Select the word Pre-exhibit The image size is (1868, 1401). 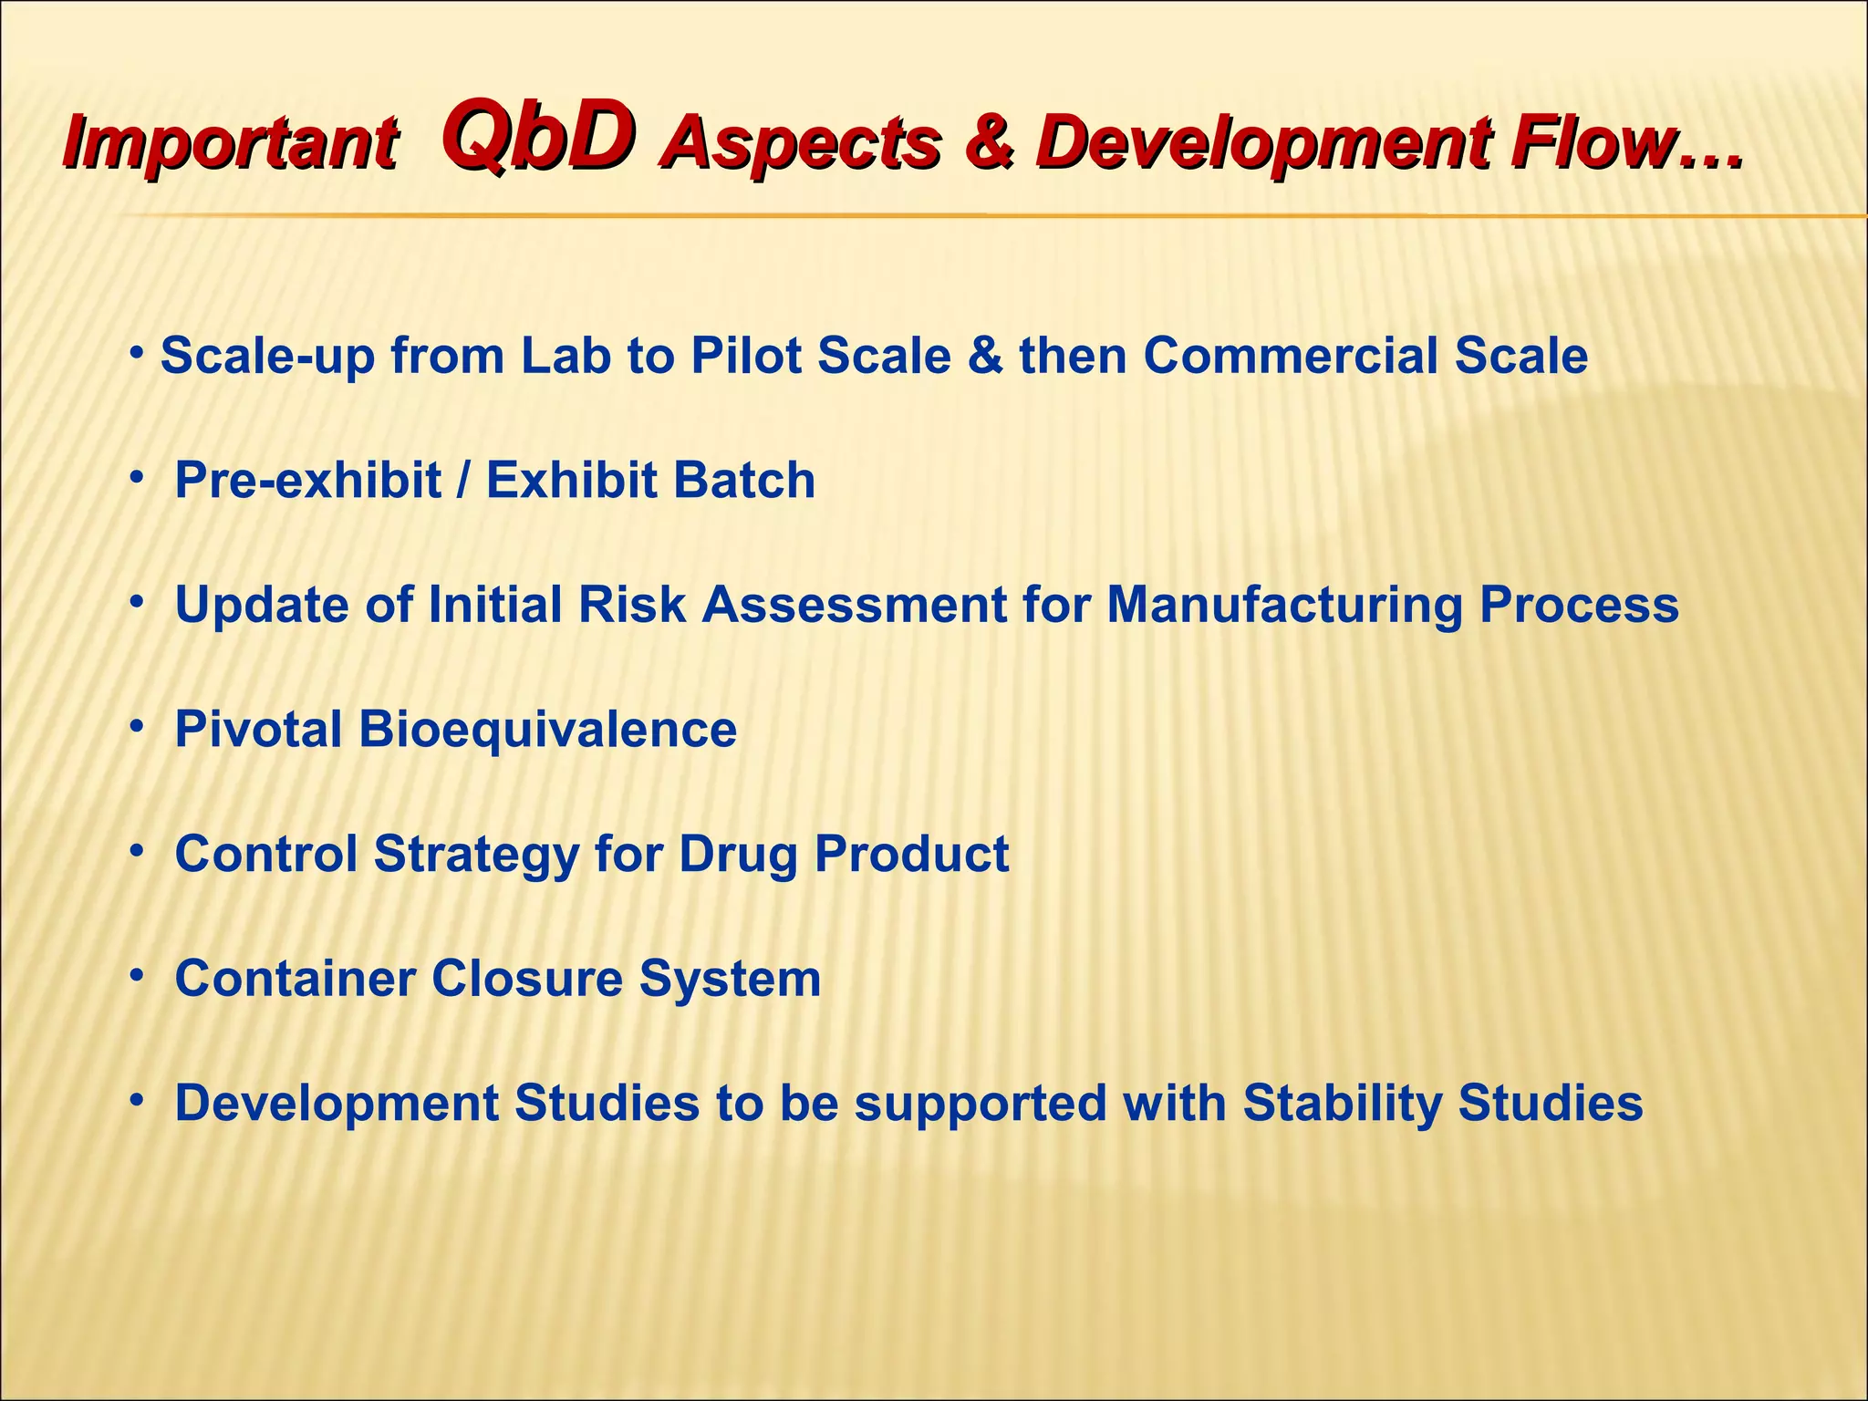tap(308, 481)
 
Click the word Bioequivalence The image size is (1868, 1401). tap(547, 730)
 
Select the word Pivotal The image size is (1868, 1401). tap(258, 730)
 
